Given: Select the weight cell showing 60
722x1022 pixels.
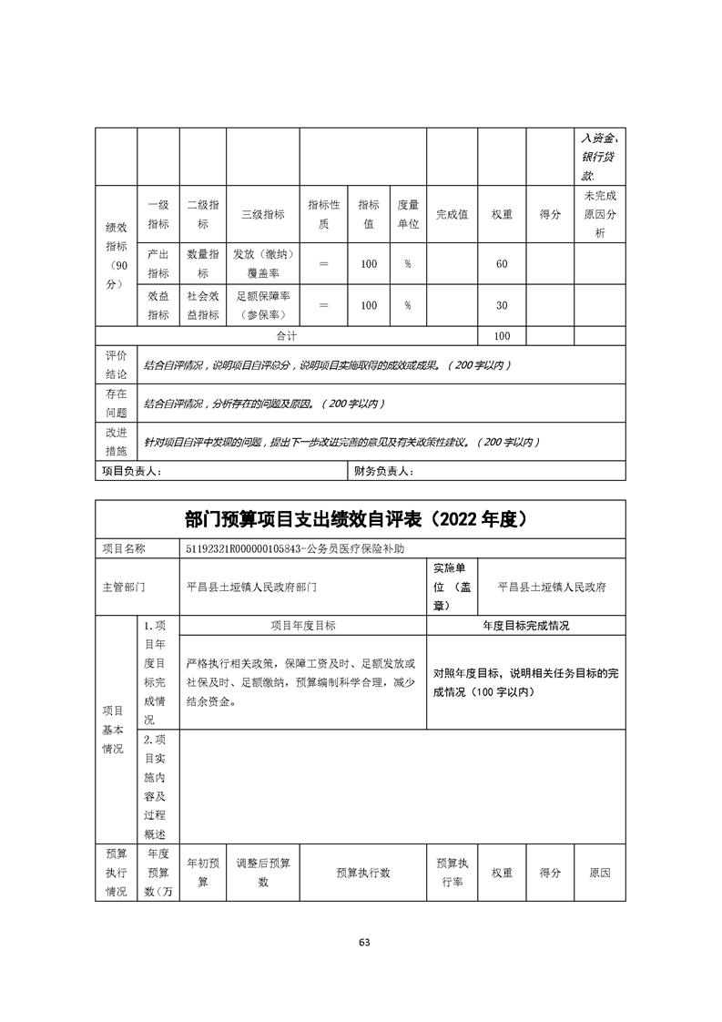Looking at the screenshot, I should coord(502,263).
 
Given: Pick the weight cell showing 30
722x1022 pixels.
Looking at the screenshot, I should coord(502,305).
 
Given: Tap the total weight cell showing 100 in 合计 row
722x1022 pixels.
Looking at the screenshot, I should coord(502,336).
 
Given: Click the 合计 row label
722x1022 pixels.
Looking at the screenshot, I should coord(286,336).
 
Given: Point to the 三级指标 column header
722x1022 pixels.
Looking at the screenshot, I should coord(262,214).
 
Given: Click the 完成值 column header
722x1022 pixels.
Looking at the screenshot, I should coord(452,214).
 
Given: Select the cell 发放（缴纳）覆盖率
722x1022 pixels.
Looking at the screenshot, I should coord(262,263).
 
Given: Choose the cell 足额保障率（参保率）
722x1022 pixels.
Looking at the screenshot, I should coord(262,305).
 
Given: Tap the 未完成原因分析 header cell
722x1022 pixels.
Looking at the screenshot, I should coord(599,214).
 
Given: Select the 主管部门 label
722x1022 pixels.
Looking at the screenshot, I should coord(124,587).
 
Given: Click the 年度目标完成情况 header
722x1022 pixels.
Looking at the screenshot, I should coord(525,626).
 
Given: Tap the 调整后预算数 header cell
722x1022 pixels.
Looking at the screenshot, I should coord(262,873).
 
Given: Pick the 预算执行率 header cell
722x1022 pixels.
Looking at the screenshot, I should coord(452,873).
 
